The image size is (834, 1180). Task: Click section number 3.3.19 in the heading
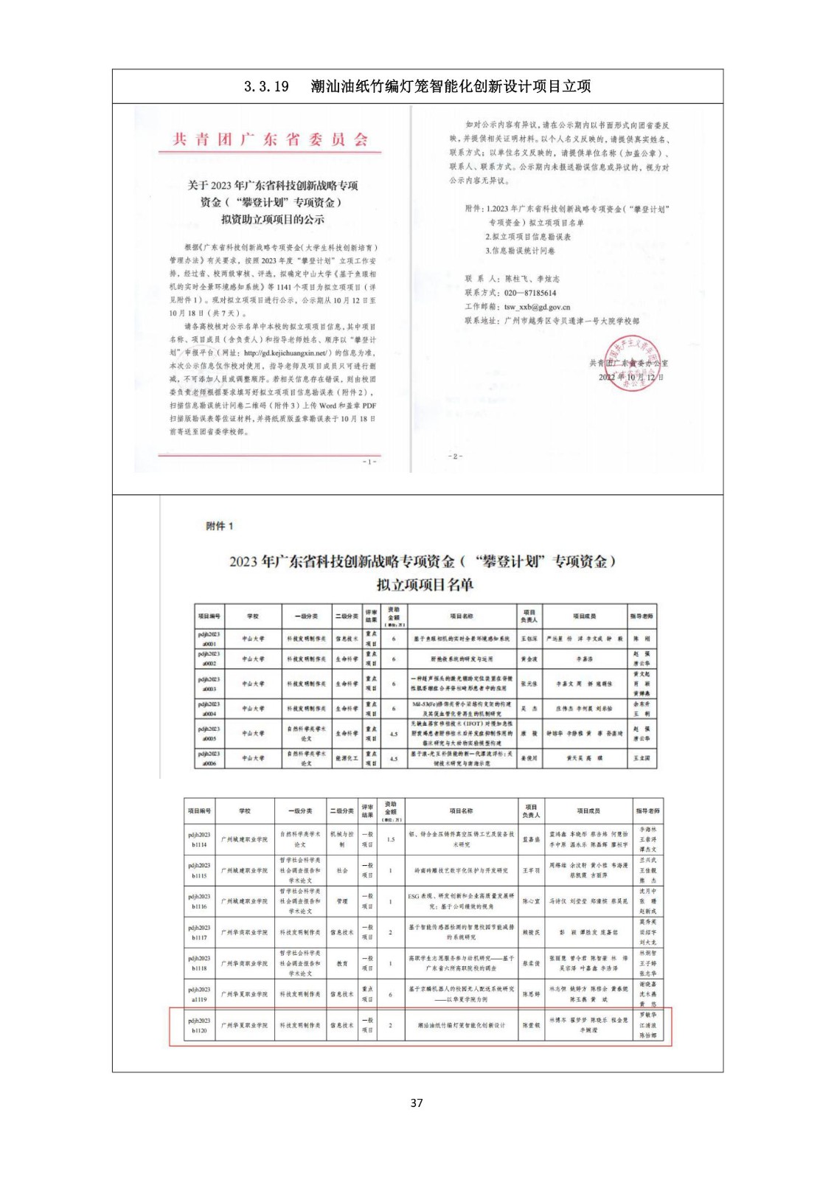coord(266,86)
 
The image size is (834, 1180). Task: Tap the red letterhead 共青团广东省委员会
coord(269,139)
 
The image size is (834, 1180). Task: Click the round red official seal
coord(631,362)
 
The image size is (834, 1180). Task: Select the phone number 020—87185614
coord(530,293)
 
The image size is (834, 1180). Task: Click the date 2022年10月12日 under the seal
coord(630,377)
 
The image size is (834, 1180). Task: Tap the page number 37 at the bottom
coord(417,1103)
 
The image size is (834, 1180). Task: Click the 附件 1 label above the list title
coord(219,526)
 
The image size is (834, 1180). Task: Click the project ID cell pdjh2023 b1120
coord(199,1025)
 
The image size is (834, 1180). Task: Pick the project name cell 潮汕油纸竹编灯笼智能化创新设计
coord(462,1025)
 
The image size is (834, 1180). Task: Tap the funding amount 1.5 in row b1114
coord(391,839)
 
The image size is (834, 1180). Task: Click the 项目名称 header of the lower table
coord(462,811)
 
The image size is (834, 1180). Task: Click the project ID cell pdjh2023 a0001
coord(209,639)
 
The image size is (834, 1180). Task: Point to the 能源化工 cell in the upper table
coord(347,758)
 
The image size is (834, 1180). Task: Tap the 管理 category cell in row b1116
coord(342,901)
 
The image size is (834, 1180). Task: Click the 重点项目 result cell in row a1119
coord(367,994)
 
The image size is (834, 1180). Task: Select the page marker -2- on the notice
coord(456,457)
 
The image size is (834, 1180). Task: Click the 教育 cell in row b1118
coord(342,963)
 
